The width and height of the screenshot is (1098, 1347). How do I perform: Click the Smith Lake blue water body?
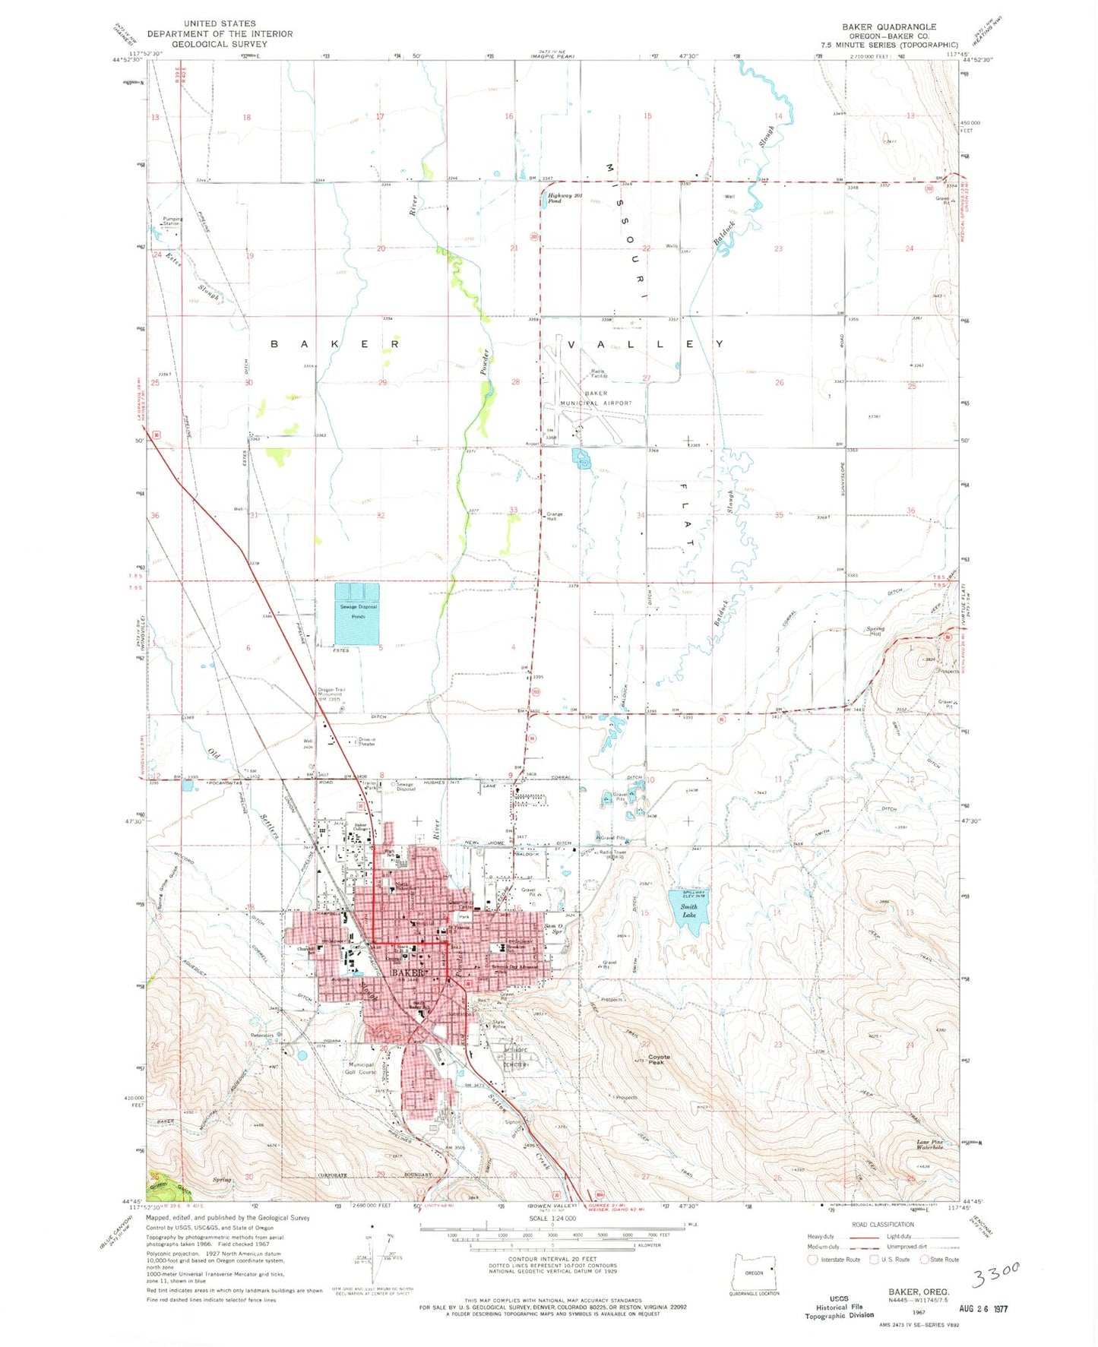coord(688,907)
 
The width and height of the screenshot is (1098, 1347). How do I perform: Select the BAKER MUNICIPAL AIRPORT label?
coord(596,398)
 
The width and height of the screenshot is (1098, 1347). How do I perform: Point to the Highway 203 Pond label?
coord(564,199)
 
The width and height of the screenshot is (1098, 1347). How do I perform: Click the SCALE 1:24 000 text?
coord(552,1219)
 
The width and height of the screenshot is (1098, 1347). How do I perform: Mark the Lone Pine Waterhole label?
coord(929,1145)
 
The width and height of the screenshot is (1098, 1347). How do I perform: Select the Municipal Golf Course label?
coord(361,1068)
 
